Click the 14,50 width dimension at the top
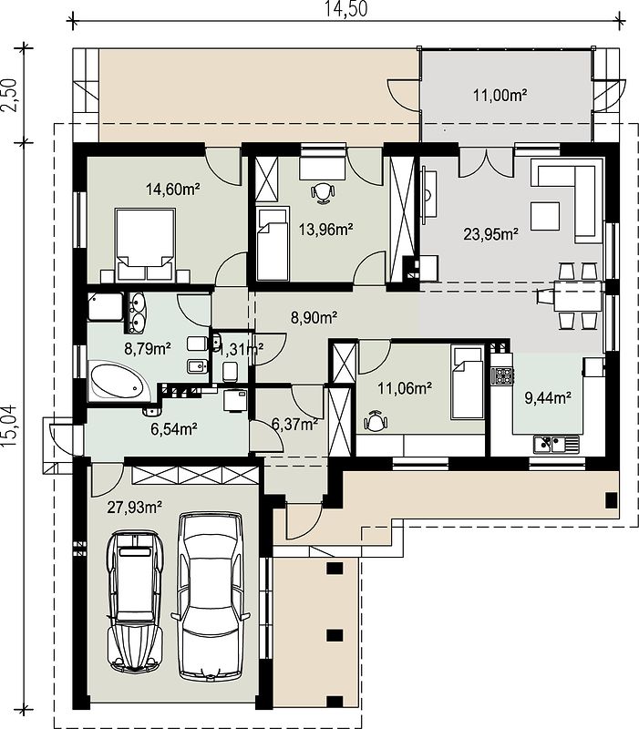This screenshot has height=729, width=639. pos(345,9)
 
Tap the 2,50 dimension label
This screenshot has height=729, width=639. pos(10,95)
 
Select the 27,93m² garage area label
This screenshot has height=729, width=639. pos(134,507)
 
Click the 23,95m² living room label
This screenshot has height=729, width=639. pos(491,234)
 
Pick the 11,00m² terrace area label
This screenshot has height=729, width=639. pos(500,96)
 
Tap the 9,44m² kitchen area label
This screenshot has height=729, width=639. pos(548,397)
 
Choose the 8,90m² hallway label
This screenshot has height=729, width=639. pos(314,317)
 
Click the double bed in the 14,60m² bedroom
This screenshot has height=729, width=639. pos(146,244)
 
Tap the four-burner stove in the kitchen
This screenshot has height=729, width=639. pos(503,375)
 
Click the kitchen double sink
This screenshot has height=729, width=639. pos(557,444)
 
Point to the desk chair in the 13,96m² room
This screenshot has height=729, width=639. pos(323,192)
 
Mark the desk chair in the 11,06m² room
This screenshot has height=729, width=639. pos(376,421)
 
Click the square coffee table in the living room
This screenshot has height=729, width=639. pos(544,216)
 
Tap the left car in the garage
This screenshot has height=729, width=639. pos(134,601)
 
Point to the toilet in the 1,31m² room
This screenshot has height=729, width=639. pos(231,371)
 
